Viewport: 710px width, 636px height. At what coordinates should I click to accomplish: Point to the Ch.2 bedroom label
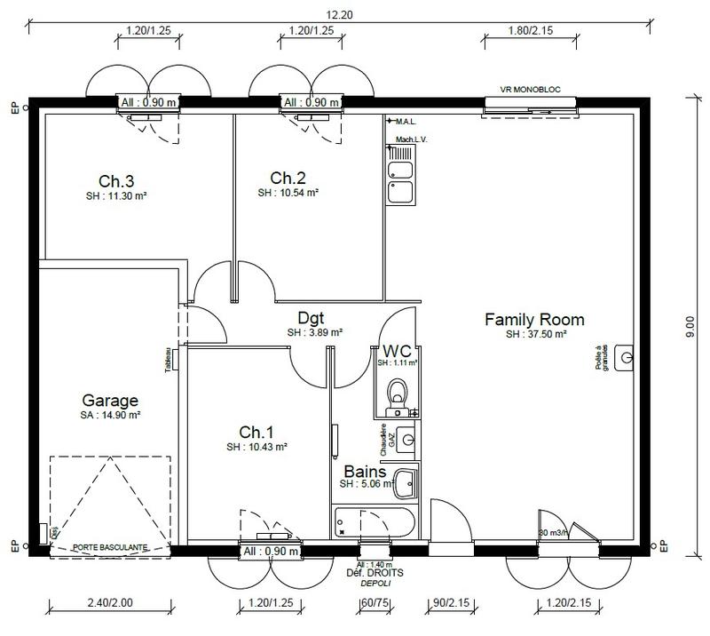tap(288, 176)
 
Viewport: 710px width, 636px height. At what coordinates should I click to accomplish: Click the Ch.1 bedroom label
tap(256, 432)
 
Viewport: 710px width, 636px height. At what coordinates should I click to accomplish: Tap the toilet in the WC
tap(398, 390)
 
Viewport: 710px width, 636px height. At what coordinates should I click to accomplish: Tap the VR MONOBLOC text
tap(530, 90)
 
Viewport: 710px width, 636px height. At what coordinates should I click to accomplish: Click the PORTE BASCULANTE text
tap(109, 546)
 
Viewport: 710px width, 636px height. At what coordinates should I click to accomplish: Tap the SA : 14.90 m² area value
tap(110, 415)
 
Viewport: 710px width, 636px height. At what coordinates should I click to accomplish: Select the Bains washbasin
tap(406, 484)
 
